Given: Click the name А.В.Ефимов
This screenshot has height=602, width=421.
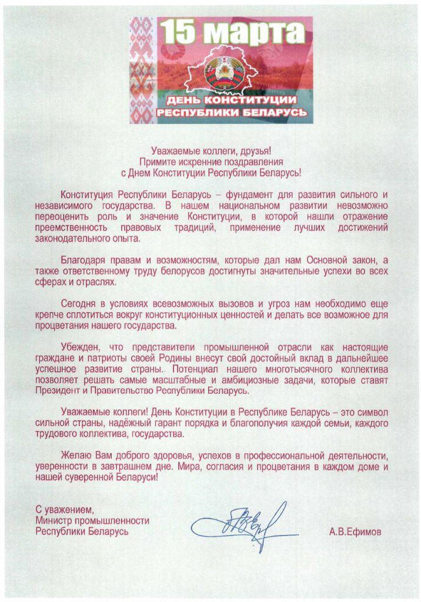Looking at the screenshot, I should (x=356, y=532).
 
